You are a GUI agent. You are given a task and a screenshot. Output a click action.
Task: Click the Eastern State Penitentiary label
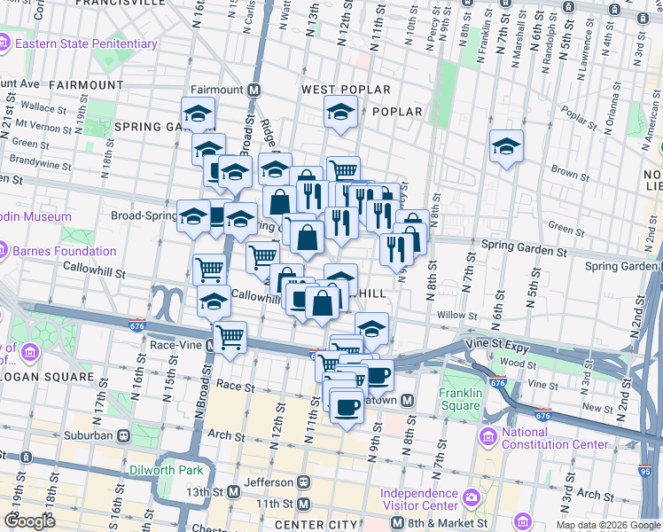(x=84, y=43)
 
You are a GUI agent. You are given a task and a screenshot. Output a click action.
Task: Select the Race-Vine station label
(x=177, y=346)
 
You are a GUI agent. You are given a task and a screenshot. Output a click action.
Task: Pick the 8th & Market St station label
(x=444, y=523)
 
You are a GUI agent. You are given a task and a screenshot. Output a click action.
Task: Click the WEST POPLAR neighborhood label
(x=346, y=90)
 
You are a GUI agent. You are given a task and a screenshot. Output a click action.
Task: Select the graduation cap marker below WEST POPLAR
(x=339, y=113)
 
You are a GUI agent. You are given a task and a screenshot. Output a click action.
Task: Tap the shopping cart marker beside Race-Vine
(x=230, y=336)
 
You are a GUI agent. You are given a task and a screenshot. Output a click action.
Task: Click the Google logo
(x=28, y=521)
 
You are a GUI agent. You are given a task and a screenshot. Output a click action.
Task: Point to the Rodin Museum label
(x=35, y=216)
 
